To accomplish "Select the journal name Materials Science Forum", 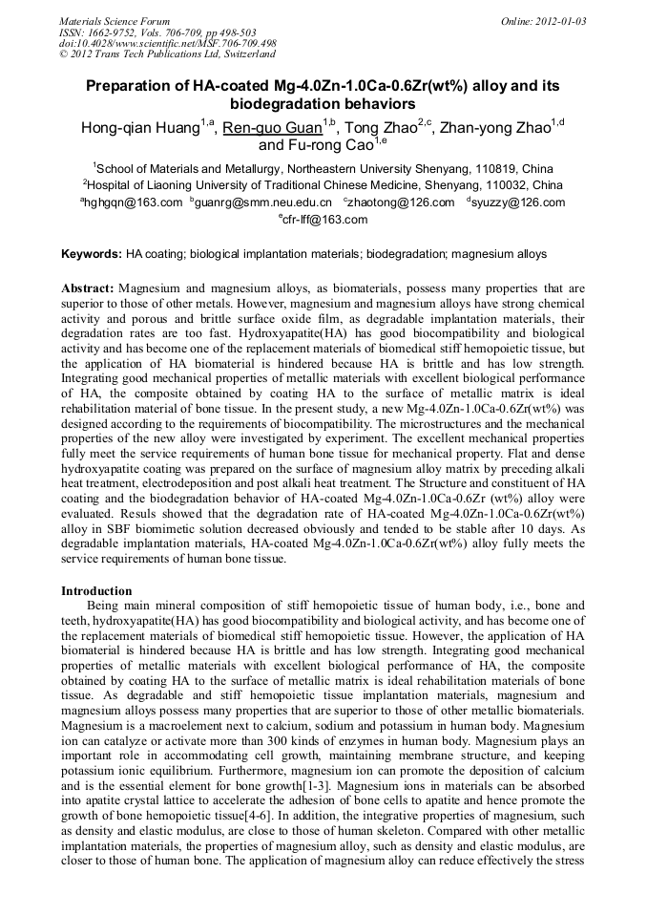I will tap(115, 21).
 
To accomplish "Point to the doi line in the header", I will tap(168, 43).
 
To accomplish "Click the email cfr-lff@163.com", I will tap(325, 220).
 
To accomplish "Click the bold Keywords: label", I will tap(92, 255).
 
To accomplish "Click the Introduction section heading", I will tap(96, 591).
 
